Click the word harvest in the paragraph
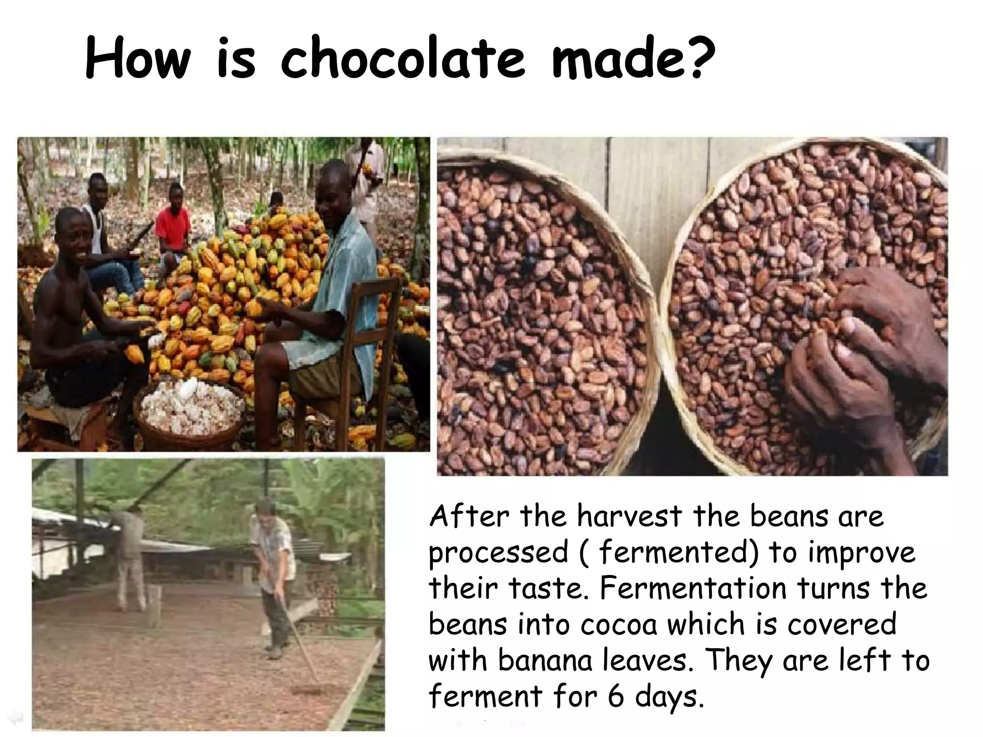click(629, 517)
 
